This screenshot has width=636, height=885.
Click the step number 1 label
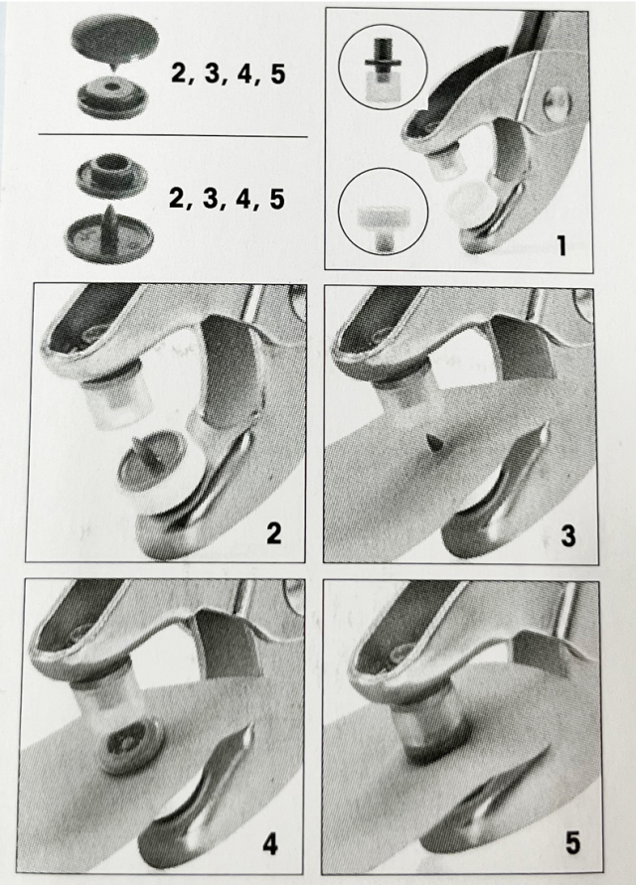pos(560,245)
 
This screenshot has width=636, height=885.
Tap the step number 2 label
pos(274,532)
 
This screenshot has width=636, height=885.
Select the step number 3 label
pos(567,535)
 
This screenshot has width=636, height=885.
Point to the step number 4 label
pos(270,845)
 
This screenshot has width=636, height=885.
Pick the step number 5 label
pos(572,844)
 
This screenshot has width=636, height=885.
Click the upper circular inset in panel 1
pos(383,67)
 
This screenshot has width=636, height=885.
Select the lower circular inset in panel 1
pos(383,212)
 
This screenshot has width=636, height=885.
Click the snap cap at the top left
pos(114,40)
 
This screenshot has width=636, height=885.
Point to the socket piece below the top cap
pos(112,97)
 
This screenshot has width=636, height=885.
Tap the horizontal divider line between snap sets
pos(173,136)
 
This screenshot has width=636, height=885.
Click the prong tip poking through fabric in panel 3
pos(434,444)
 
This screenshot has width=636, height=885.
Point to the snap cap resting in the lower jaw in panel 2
pos(148,470)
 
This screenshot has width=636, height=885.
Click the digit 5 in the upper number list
pos(277,74)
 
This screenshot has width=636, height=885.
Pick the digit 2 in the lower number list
pos(177,199)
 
